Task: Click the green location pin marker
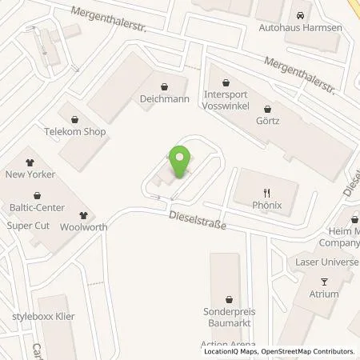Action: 181,160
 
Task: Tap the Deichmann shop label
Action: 164,102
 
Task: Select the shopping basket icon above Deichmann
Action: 164,87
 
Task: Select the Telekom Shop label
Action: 75,130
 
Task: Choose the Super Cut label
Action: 29,225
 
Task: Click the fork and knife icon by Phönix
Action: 266,192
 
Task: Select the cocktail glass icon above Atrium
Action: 324,281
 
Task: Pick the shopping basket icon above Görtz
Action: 268,109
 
